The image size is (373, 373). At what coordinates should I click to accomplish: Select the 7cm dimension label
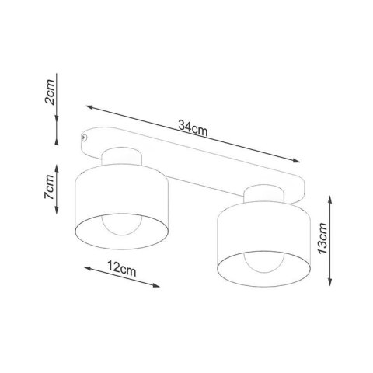tap(49, 187)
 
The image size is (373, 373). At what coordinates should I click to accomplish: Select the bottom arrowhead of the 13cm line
tap(333, 284)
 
